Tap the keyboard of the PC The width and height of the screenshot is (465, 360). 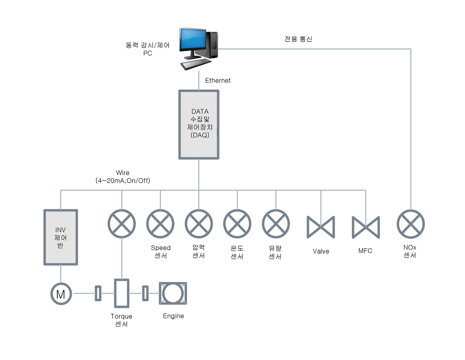coord(196,64)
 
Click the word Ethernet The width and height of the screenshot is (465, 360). coord(218,80)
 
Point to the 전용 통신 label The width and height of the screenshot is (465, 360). coord(298,39)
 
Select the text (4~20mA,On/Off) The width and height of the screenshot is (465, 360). coord(123,181)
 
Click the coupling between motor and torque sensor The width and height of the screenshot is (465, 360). coord(98,293)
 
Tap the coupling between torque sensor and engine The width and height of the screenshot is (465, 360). coord(145,293)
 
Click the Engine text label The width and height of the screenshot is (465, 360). coord(173,316)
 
